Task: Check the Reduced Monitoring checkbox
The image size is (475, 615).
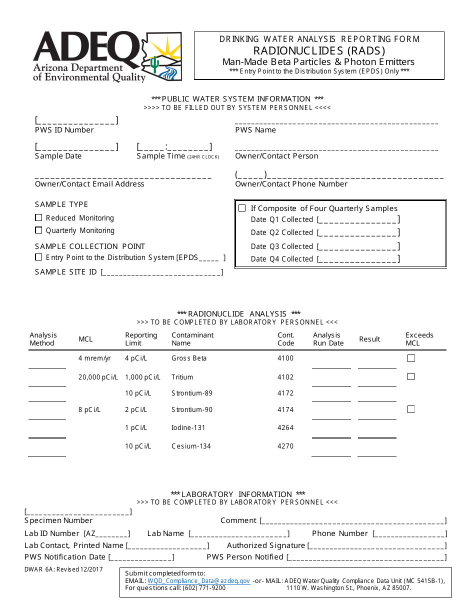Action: [x=38, y=218]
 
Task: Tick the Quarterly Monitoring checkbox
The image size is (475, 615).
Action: [x=38, y=230]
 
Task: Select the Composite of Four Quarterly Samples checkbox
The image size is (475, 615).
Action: [x=242, y=208]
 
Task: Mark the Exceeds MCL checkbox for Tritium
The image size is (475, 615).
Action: [x=411, y=376]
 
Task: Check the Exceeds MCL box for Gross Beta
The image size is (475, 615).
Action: [x=411, y=358]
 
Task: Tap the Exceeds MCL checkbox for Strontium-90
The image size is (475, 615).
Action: [x=411, y=409]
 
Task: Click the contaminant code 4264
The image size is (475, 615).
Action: [x=285, y=427]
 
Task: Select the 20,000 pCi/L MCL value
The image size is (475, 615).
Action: [x=98, y=377]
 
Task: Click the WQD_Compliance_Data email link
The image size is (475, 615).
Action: [x=198, y=581]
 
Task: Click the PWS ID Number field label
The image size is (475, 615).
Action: [x=64, y=130]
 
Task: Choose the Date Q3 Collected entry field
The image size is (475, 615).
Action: [x=358, y=246]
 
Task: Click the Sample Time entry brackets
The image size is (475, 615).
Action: [x=174, y=147]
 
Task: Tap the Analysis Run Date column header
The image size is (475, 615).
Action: [x=328, y=339]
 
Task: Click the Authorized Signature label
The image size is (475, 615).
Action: [x=266, y=545]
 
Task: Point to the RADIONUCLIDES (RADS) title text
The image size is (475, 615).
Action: [x=319, y=50]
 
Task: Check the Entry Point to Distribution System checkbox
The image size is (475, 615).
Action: [x=38, y=257]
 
